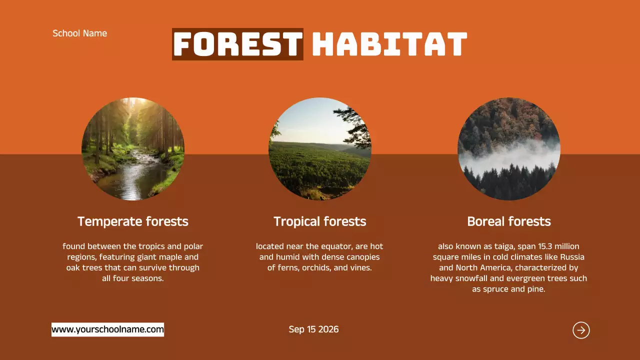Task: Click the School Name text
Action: pos(79,33)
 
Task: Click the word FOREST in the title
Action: pos(237,44)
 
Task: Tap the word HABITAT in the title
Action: pos(389,44)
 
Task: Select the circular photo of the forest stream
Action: pos(133,149)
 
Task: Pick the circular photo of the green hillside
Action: pos(320,149)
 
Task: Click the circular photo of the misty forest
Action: pos(509,149)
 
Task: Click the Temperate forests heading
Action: pos(133,221)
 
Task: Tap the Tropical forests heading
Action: pos(319,221)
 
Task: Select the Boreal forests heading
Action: pos(509,221)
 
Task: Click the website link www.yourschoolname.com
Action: pos(107,329)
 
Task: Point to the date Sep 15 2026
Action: pos(313,329)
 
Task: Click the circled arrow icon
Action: pos(581,330)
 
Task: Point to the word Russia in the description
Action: pos(572,257)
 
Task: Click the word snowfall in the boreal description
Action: pos(471,278)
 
